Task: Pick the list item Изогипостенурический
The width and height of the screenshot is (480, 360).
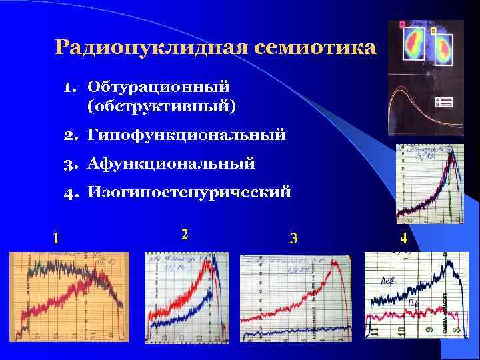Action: pos(189,193)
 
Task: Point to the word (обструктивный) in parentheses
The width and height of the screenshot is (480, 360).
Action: pos(161,105)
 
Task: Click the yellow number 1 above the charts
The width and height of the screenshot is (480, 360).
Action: pos(57,237)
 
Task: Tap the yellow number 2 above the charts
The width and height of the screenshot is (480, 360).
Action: pos(185,235)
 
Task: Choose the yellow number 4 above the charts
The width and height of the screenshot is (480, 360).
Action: pos(403,237)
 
